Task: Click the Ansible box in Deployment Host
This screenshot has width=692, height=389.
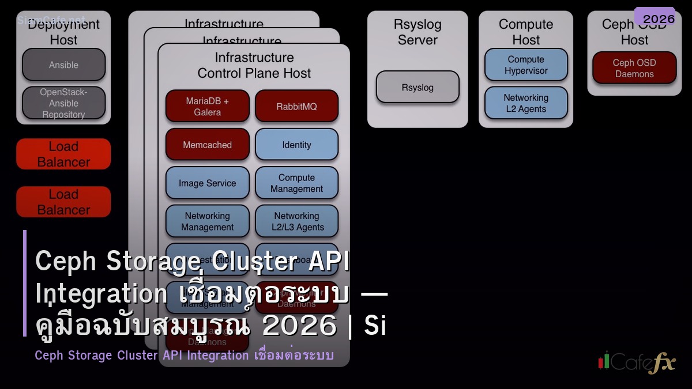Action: (x=63, y=65)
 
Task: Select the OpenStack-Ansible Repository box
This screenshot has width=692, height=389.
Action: (x=63, y=103)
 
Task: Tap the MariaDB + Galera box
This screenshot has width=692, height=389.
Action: (x=207, y=107)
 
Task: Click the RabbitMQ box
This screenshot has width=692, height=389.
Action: (x=296, y=107)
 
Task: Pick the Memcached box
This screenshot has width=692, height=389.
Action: (x=207, y=145)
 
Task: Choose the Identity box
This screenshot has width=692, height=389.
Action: (x=296, y=145)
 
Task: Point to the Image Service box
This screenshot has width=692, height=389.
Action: (x=207, y=183)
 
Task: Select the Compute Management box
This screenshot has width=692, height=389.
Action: (x=296, y=183)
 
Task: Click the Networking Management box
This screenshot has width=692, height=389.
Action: (x=207, y=221)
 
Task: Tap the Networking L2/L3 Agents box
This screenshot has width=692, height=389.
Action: (x=296, y=221)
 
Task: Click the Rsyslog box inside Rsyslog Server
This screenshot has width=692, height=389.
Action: (x=418, y=88)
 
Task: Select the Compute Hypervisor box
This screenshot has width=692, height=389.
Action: (x=526, y=65)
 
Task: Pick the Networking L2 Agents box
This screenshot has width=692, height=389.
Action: (x=526, y=103)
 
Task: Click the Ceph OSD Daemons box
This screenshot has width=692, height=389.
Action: (x=634, y=68)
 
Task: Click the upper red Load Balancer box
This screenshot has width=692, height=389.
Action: (x=63, y=154)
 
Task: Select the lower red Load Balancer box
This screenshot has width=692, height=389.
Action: (x=63, y=202)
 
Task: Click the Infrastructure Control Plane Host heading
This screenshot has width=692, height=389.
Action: (x=254, y=65)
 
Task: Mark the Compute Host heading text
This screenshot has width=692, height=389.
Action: (x=526, y=32)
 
